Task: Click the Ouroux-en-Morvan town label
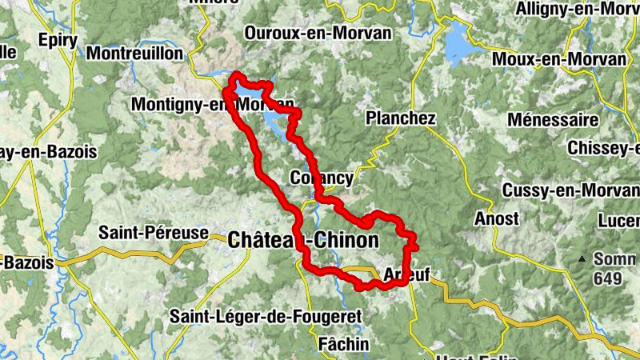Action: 318,34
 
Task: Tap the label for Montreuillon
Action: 137,54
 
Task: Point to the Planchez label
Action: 400,118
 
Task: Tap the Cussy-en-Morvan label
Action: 571,190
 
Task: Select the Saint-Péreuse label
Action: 154,234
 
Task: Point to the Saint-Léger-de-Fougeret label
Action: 265,316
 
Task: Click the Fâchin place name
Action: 343,344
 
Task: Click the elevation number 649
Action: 607,278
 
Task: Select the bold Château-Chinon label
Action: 302,239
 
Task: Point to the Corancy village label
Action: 322,178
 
